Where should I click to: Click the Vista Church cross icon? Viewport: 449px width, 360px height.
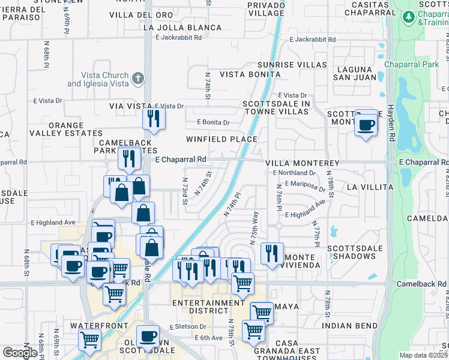coord(138,78)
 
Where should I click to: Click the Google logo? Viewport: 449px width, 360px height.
coord(20,352)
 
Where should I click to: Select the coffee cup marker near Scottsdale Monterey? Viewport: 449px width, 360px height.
coord(366,125)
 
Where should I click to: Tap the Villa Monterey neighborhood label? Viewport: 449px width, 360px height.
coord(303,163)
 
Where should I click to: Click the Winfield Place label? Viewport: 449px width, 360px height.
coord(221,139)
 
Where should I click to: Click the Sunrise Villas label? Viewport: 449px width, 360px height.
coord(292,65)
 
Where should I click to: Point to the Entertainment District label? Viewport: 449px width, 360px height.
coord(208,307)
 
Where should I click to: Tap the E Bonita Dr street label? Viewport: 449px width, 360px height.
coord(213,122)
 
